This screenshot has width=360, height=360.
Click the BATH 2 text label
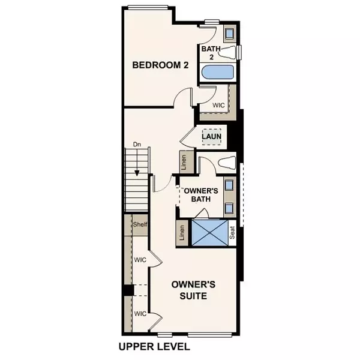(x=210, y=53)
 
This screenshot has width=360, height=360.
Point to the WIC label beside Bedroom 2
(x=219, y=105)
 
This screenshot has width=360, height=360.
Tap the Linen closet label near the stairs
(x=182, y=161)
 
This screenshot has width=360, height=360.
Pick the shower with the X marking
(x=210, y=233)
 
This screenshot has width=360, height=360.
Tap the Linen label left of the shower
(x=182, y=234)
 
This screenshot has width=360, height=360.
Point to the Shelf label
(x=140, y=225)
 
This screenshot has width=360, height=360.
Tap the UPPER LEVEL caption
(x=154, y=347)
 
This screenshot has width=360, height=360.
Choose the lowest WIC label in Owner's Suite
(x=140, y=314)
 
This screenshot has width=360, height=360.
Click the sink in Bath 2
(x=229, y=33)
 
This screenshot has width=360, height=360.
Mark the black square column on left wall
(x=127, y=290)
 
